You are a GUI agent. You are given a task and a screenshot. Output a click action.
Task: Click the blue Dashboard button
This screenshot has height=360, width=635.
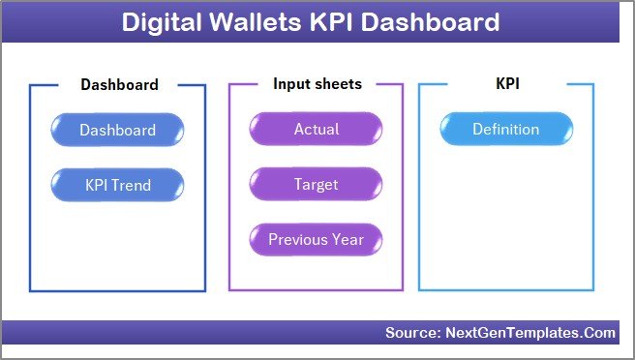pos(117,130)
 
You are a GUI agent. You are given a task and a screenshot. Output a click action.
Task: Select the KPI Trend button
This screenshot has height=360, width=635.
pos(117,184)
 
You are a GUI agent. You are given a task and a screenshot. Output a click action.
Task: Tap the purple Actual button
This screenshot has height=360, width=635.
pos(316,130)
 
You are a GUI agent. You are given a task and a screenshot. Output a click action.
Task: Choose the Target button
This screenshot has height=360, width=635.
pos(316,184)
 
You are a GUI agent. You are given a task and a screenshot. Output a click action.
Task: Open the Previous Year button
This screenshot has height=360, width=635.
pos(316,239)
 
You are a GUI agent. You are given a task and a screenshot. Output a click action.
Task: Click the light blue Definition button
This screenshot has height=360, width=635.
pos(505,130)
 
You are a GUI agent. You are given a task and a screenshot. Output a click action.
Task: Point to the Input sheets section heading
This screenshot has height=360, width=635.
pos(317,84)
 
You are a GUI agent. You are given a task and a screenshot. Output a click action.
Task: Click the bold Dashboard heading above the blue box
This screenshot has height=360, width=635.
pos(118,84)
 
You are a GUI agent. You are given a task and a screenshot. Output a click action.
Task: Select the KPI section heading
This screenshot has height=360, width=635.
pos(506,84)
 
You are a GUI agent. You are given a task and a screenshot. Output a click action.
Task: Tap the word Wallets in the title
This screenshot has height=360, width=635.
pos(263,22)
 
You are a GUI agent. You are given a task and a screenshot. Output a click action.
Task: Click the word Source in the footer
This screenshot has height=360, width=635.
pos(411,333)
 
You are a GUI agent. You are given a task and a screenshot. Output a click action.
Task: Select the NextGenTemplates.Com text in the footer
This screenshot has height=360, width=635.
pos(529,333)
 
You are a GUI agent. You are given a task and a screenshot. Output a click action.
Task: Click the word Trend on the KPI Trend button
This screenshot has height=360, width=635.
pos(134,184)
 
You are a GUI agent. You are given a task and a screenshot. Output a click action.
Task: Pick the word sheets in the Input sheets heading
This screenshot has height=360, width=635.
pos(338,84)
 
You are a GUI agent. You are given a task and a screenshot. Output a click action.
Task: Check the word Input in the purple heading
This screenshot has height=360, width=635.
pos(290,84)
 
